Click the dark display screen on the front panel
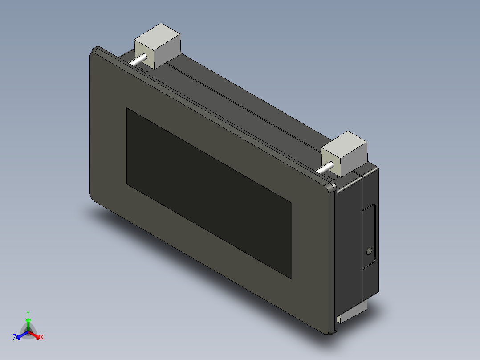[x=209, y=192]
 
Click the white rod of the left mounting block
[x=139, y=59]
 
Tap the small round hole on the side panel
[x=368, y=252]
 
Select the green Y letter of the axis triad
[x=28, y=313]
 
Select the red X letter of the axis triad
[x=42, y=338]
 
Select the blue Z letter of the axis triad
[x=15, y=338]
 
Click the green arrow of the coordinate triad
[x=28, y=323]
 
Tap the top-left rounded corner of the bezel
[x=94, y=51]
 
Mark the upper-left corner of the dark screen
[x=127, y=109]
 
